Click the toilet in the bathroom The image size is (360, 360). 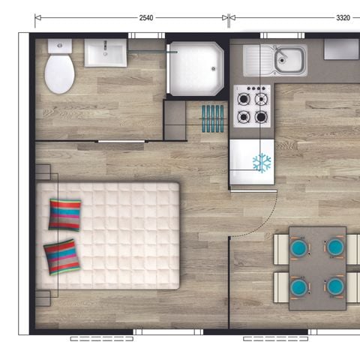coord(59,73)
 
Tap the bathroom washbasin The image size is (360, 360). coord(105,53)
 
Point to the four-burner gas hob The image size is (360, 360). coord(253,106)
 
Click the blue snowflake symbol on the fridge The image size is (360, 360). coord(262,162)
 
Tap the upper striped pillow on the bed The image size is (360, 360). coord(64,214)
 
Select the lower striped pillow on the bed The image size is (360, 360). coord(62,257)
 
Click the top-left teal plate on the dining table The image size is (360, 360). coord(299,247)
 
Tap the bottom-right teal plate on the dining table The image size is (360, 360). coord(334,286)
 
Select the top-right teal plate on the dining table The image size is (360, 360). coord(334,247)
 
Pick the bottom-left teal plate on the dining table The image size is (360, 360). coord(299,286)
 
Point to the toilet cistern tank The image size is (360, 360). coord(59,46)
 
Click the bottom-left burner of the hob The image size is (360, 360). coord(243,116)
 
